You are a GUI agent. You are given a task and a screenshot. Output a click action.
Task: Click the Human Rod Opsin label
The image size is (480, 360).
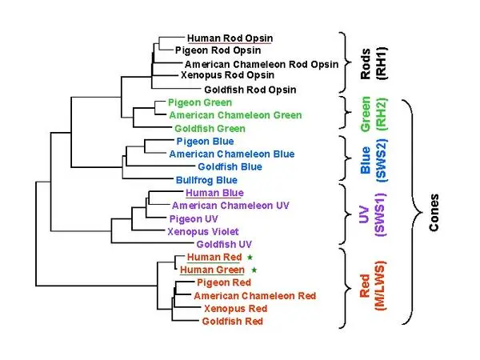click(x=229, y=38)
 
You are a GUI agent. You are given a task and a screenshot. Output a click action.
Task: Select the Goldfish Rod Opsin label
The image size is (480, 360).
click(x=250, y=90)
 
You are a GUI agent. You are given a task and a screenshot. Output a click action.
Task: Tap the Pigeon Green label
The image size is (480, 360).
click(x=200, y=102)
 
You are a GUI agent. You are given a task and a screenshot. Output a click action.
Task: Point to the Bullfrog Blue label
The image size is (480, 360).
click(x=206, y=180)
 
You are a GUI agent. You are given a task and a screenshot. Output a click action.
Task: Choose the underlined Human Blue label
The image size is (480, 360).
click(x=214, y=193)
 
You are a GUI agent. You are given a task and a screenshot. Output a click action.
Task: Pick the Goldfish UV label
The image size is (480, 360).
click(x=224, y=243)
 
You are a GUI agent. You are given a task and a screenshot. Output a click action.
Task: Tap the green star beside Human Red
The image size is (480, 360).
click(x=249, y=257)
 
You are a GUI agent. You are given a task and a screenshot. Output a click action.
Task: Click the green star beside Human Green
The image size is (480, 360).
click(x=254, y=270)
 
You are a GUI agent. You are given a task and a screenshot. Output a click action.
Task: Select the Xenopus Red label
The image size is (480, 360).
click(x=235, y=308)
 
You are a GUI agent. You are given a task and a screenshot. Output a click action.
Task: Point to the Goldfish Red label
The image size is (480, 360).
click(x=232, y=322)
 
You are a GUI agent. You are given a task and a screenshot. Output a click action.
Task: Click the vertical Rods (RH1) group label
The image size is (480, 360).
click(x=372, y=62)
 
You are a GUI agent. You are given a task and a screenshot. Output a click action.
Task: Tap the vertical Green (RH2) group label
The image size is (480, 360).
click(x=372, y=114)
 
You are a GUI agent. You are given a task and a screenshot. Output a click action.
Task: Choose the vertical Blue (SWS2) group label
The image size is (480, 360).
click(x=372, y=160)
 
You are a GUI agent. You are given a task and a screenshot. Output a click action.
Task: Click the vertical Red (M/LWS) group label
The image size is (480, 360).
click(x=372, y=286)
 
